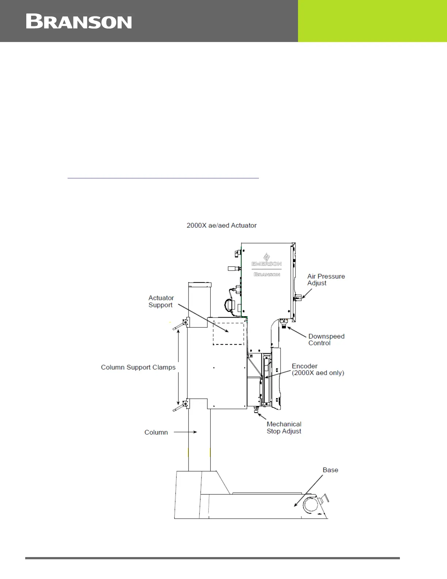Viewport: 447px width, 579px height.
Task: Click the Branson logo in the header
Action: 79,22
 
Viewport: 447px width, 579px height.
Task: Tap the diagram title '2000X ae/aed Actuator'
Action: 221,226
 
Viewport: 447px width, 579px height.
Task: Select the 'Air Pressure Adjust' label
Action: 326,280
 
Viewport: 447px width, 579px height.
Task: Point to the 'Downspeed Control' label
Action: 326,340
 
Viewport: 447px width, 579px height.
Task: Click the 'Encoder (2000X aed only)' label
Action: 318,370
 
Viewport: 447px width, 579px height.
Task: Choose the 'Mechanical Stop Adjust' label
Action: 284,428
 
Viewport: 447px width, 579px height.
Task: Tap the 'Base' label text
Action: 330,470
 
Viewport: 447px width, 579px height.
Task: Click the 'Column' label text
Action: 156,432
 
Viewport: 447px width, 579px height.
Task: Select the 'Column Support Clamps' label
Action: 138,367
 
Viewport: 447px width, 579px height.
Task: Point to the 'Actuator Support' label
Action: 161,302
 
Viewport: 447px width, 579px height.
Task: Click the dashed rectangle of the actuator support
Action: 229,333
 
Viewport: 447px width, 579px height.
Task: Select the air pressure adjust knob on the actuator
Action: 298,298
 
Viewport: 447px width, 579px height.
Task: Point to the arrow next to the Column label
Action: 185,432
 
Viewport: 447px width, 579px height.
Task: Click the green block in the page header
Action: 372,21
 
